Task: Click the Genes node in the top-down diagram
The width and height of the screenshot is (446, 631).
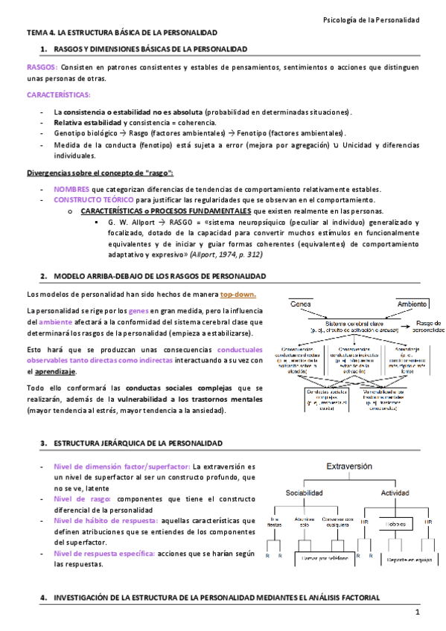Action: tap(301, 304)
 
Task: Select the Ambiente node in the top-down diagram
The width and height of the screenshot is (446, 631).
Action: tap(411, 304)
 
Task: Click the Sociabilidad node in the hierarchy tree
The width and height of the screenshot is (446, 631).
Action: tap(306, 493)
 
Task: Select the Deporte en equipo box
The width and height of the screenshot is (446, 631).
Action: tap(408, 557)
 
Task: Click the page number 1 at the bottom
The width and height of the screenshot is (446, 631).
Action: tap(418, 612)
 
